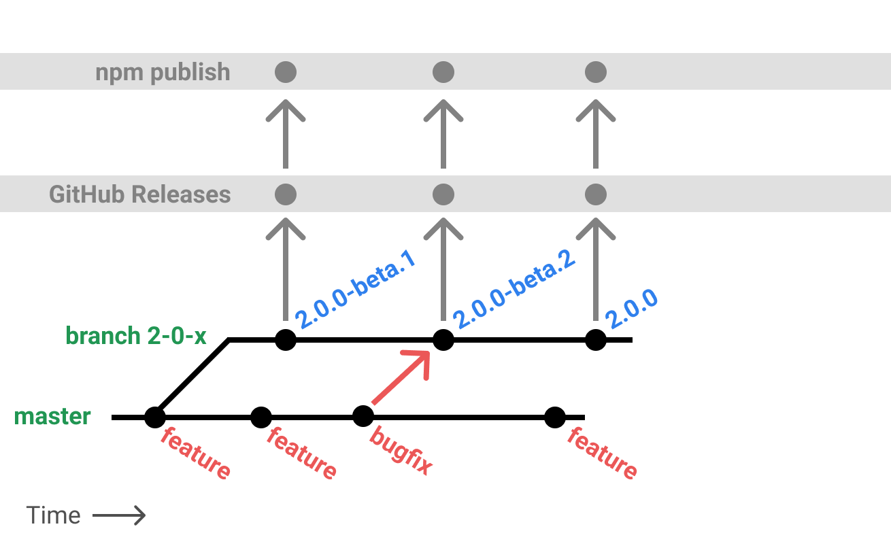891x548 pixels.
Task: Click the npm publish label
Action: pyautogui.click(x=163, y=73)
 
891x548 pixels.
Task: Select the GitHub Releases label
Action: pyautogui.click(x=140, y=195)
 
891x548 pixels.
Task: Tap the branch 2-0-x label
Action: pyautogui.click(x=135, y=336)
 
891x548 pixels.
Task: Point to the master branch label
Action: pyautogui.click(x=52, y=416)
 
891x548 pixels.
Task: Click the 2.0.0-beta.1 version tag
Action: pyautogui.click(x=356, y=292)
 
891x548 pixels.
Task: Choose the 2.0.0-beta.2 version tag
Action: pyautogui.click(x=514, y=288)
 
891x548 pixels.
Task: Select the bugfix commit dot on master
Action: pyautogui.click(x=363, y=416)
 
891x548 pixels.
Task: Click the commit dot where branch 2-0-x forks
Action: pyautogui.click(x=155, y=417)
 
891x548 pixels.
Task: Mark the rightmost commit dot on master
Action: pyautogui.click(x=555, y=417)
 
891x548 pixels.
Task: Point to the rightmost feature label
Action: pyautogui.click(x=603, y=453)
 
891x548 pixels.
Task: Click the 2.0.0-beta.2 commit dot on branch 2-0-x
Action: pyautogui.click(x=443, y=339)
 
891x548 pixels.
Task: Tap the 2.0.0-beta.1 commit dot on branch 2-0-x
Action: pyautogui.click(x=286, y=339)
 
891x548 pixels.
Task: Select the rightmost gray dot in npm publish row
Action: pyautogui.click(x=596, y=72)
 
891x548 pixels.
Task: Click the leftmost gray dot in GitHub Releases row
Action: pyautogui.click(x=286, y=194)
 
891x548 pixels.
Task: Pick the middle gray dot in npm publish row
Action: pyautogui.click(x=443, y=72)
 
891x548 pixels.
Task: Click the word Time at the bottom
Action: pyautogui.click(x=54, y=516)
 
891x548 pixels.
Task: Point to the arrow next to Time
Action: pyautogui.click(x=119, y=516)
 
